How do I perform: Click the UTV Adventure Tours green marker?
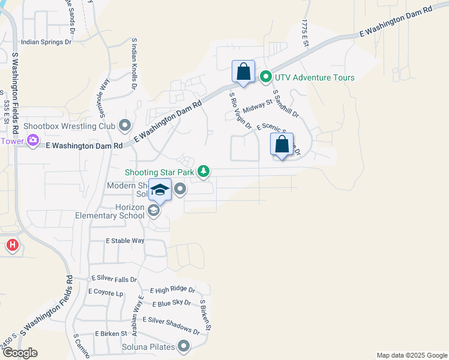click(x=265, y=77)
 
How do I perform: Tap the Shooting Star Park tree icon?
click(x=204, y=172)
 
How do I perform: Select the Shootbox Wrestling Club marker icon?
click(x=125, y=126)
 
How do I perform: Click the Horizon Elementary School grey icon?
click(x=154, y=211)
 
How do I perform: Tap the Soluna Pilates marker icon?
click(x=184, y=346)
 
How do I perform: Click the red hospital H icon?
click(x=12, y=245)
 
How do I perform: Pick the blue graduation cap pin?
click(x=159, y=190)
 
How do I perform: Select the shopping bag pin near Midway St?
click(x=243, y=72)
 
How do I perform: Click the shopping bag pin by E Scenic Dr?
click(x=282, y=144)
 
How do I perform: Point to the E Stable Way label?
click(x=125, y=241)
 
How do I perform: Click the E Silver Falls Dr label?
click(x=114, y=280)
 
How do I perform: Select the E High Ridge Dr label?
click(x=173, y=290)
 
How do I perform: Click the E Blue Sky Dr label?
click(x=172, y=303)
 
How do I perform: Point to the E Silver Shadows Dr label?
click(x=170, y=326)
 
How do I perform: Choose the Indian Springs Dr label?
click(x=46, y=43)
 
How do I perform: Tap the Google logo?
click(x=19, y=353)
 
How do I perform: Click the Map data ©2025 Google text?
click(x=411, y=355)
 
